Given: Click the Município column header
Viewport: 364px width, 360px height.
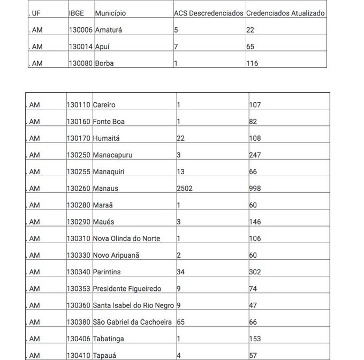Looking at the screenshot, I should pyautogui.click(x=111, y=13).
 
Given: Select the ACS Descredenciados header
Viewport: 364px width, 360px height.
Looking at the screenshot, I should pyautogui.click(x=208, y=13).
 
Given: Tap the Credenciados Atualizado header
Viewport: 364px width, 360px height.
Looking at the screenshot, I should pyautogui.click(x=285, y=13).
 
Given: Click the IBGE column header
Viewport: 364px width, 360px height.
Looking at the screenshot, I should pyautogui.click(x=77, y=13).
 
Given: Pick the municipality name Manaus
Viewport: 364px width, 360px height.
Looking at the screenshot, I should pyautogui.click(x=105, y=189).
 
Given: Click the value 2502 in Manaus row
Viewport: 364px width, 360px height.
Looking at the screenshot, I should pyautogui.click(x=185, y=189).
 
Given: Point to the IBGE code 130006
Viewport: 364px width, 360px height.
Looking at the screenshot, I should pyautogui.click(x=80, y=30).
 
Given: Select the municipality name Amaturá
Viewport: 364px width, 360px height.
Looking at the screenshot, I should pyautogui.click(x=109, y=30).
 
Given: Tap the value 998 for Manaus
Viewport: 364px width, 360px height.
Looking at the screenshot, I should pyautogui.click(x=255, y=189).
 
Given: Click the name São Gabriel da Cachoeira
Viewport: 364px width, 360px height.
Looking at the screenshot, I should pyautogui.click(x=132, y=322).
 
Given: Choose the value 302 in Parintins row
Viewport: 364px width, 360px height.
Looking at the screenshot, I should pyautogui.click(x=255, y=272).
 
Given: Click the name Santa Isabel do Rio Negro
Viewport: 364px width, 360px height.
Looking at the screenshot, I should pyautogui.click(x=133, y=305).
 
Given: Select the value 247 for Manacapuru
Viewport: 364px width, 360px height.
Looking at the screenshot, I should pyautogui.click(x=255, y=155).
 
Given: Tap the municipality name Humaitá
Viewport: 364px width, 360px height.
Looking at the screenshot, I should pyautogui.click(x=106, y=138).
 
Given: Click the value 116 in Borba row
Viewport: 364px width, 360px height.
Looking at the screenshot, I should pyautogui.click(x=252, y=63).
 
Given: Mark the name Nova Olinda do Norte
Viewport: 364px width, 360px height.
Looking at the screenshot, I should pyautogui.click(x=126, y=238).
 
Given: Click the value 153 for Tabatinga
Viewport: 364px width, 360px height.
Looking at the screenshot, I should pyautogui.click(x=255, y=339).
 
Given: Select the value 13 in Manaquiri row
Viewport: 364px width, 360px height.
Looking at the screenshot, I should pyautogui.click(x=180, y=171).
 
